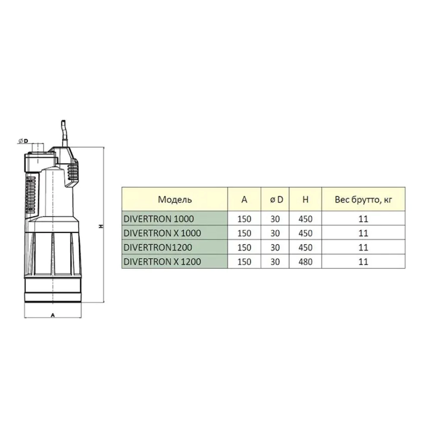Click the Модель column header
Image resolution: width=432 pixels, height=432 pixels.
click(x=175, y=200)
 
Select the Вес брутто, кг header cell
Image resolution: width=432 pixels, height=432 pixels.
click(x=363, y=200)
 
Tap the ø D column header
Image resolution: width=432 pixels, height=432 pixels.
click(x=276, y=200)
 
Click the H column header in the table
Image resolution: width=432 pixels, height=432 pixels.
click(x=305, y=200)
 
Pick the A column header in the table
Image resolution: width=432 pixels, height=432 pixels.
click(x=244, y=200)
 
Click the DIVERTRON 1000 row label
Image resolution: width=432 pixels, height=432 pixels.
click(x=159, y=219)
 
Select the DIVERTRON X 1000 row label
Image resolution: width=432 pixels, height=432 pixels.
click(x=162, y=233)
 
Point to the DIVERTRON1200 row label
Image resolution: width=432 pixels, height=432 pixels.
click(x=158, y=248)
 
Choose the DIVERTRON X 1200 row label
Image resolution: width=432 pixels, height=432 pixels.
click(x=162, y=262)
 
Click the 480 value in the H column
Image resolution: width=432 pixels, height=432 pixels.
click(x=305, y=262)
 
